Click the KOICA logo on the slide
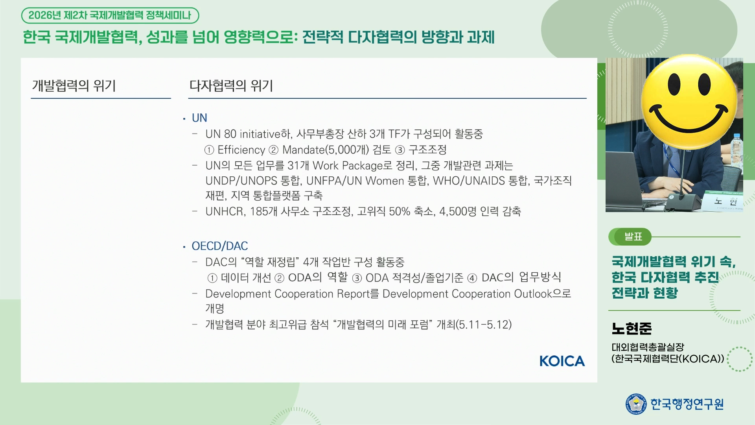[562, 361]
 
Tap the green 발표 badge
[630, 237]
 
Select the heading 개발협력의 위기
[74, 86]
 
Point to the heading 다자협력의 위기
[231, 86]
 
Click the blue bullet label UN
[199, 118]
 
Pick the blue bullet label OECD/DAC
[220, 246]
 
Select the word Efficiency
[241, 150]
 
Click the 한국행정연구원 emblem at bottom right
[636, 404]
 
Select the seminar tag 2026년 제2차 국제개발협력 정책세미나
[110, 16]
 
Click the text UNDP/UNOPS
[241, 181]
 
